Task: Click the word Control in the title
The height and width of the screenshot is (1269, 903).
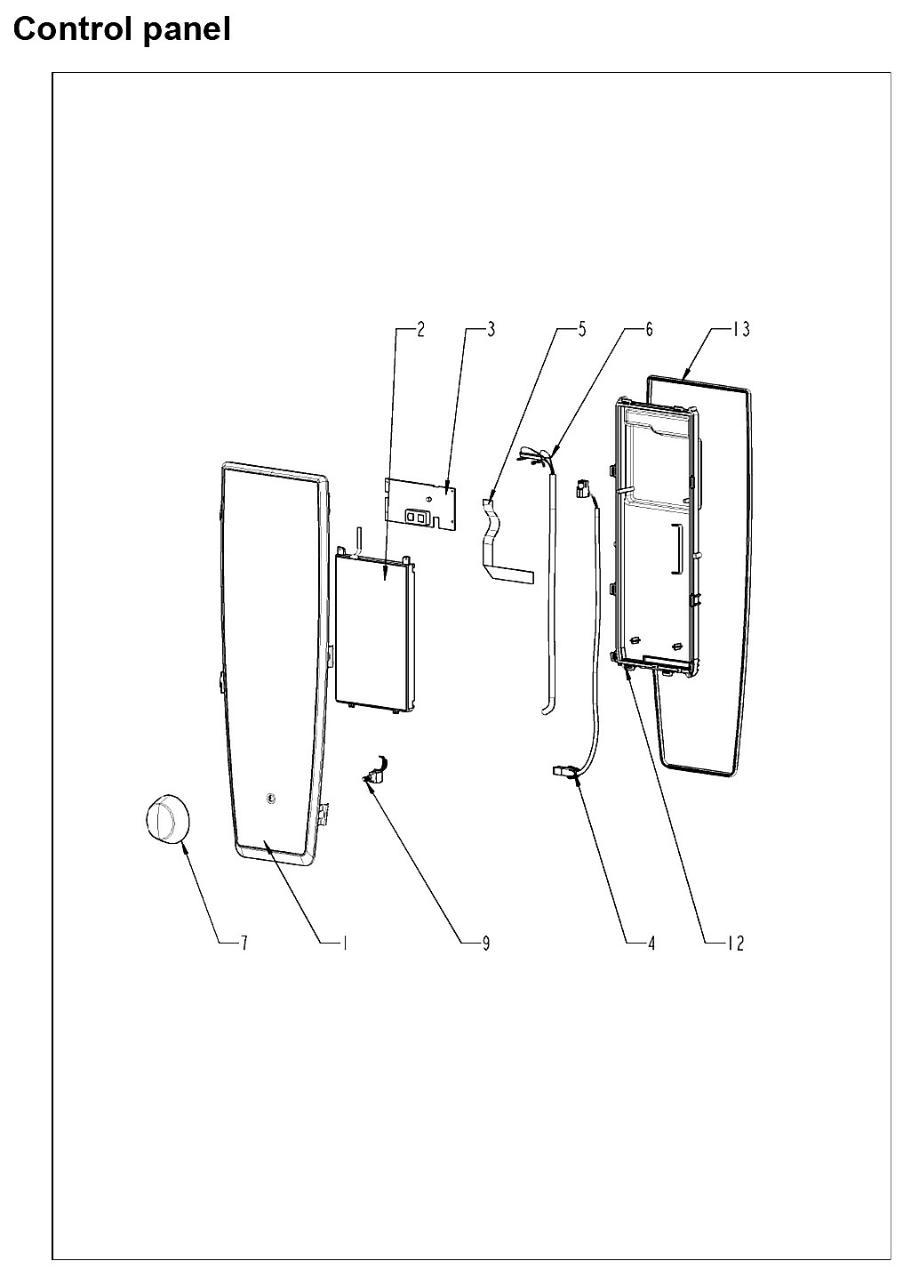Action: (74, 28)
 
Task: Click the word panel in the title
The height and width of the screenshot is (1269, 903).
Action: (188, 29)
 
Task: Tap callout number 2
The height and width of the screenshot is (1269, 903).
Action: (420, 329)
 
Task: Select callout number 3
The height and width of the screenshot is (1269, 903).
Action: (491, 329)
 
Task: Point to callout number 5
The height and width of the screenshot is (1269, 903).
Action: (582, 329)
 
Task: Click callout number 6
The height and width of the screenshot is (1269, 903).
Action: (649, 329)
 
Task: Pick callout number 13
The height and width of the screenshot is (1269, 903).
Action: (741, 329)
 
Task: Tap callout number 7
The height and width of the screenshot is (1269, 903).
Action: (244, 944)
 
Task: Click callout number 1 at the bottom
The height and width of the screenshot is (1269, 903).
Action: (344, 944)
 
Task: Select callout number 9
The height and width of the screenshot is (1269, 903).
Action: (486, 944)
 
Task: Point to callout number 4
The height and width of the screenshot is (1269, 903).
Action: (651, 944)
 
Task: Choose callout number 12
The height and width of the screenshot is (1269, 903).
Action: (736, 944)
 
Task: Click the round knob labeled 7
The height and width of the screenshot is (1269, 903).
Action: (166, 820)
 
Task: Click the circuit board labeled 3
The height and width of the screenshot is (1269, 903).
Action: (420, 503)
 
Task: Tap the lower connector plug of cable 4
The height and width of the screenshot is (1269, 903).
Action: (563, 771)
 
